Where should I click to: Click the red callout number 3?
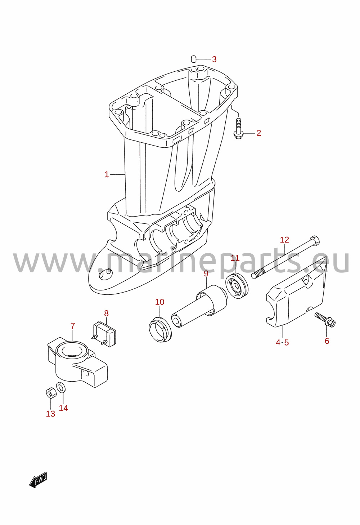coord(214,59)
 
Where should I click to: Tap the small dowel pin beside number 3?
coord(193,59)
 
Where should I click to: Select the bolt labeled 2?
coord(238,129)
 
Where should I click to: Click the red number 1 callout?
coord(107,174)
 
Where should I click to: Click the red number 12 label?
coord(285,240)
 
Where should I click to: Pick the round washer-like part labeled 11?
coord(237,286)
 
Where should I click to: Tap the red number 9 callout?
coord(206,273)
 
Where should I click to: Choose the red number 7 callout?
coord(73,326)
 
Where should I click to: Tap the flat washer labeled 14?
coord(61,387)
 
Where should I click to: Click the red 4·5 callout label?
coord(282,343)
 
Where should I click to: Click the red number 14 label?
coord(63,408)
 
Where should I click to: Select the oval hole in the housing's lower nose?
coord(106,274)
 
